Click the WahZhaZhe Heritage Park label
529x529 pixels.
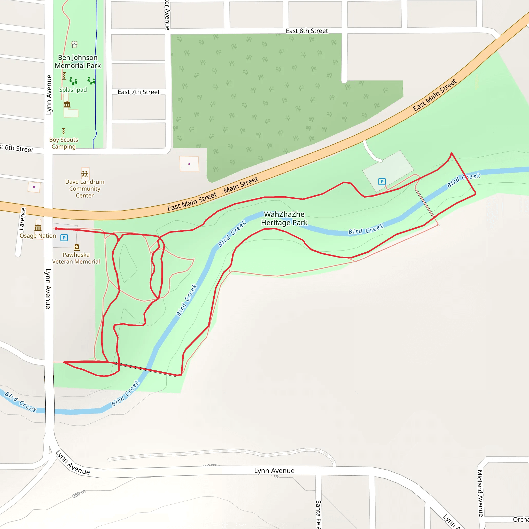[284, 219]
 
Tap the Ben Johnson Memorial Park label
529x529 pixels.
[78, 62]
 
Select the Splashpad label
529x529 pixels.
[73, 90]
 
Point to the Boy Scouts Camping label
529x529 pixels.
[64, 143]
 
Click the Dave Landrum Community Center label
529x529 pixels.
[85, 188]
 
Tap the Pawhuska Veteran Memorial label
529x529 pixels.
[76, 258]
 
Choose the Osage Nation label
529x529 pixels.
[38, 236]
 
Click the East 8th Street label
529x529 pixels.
[307, 31]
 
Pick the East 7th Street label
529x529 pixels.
[138, 92]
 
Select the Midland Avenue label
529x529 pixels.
[480, 493]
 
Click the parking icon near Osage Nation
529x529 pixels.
[64, 237]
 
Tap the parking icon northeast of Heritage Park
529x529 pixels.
[382, 181]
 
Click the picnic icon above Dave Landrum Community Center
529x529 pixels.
[85, 174]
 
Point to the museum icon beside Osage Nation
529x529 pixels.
[38, 228]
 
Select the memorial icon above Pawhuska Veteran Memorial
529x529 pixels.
[77, 247]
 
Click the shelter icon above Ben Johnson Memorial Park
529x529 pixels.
[74, 44]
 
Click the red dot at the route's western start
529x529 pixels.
[56, 229]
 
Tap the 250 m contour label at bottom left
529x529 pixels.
[79, 494]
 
